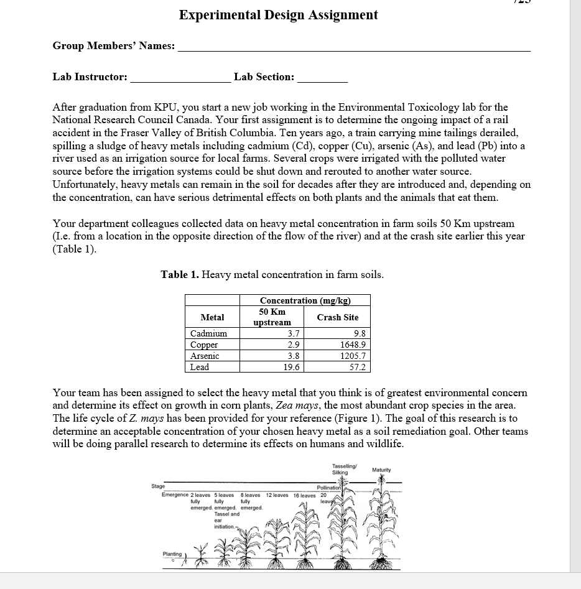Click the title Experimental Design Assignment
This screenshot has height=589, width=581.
click(x=278, y=15)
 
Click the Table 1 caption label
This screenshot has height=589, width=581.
click(x=272, y=274)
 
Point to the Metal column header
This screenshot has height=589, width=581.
click(x=212, y=317)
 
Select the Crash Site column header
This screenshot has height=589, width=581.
click(x=337, y=317)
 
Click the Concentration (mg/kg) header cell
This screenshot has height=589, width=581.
click(x=305, y=300)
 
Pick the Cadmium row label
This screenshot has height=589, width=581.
click(x=208, y=333)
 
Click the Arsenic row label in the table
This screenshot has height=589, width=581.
click(x=205, y=356)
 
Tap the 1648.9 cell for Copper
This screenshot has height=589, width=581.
click(x=353, y=345)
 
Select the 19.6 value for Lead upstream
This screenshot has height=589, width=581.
click(x=291, y=367)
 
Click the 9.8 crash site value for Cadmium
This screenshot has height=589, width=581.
click(x=360, y=333)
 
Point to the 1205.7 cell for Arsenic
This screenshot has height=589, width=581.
click(x=353, y=356)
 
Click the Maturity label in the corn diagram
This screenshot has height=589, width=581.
click(x=381, y=470)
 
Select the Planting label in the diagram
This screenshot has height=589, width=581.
click(x=172, y=554)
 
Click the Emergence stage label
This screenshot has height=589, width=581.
click(x=175, y=495)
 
